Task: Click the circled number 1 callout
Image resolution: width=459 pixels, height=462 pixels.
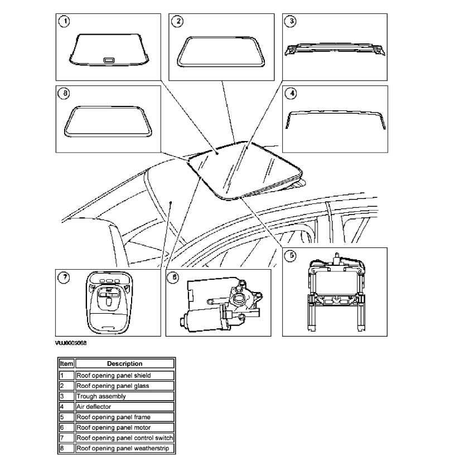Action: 65,22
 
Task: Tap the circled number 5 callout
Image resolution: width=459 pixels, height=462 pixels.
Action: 291,256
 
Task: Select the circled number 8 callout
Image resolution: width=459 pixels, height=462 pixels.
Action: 65,94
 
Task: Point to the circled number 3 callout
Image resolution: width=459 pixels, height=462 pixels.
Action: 290,22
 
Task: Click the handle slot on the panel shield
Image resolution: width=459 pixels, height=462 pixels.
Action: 108,59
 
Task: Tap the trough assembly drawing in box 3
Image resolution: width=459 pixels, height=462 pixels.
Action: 335,49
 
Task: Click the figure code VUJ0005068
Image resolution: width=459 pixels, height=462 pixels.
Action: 70,343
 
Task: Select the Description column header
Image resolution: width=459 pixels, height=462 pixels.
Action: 124,364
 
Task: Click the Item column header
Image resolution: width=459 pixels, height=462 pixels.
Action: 66,364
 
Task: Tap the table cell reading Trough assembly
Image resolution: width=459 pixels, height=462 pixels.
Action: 101,396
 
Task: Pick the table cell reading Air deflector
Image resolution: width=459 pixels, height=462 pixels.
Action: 95,407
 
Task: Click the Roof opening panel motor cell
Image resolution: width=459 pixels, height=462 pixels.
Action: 113,427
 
